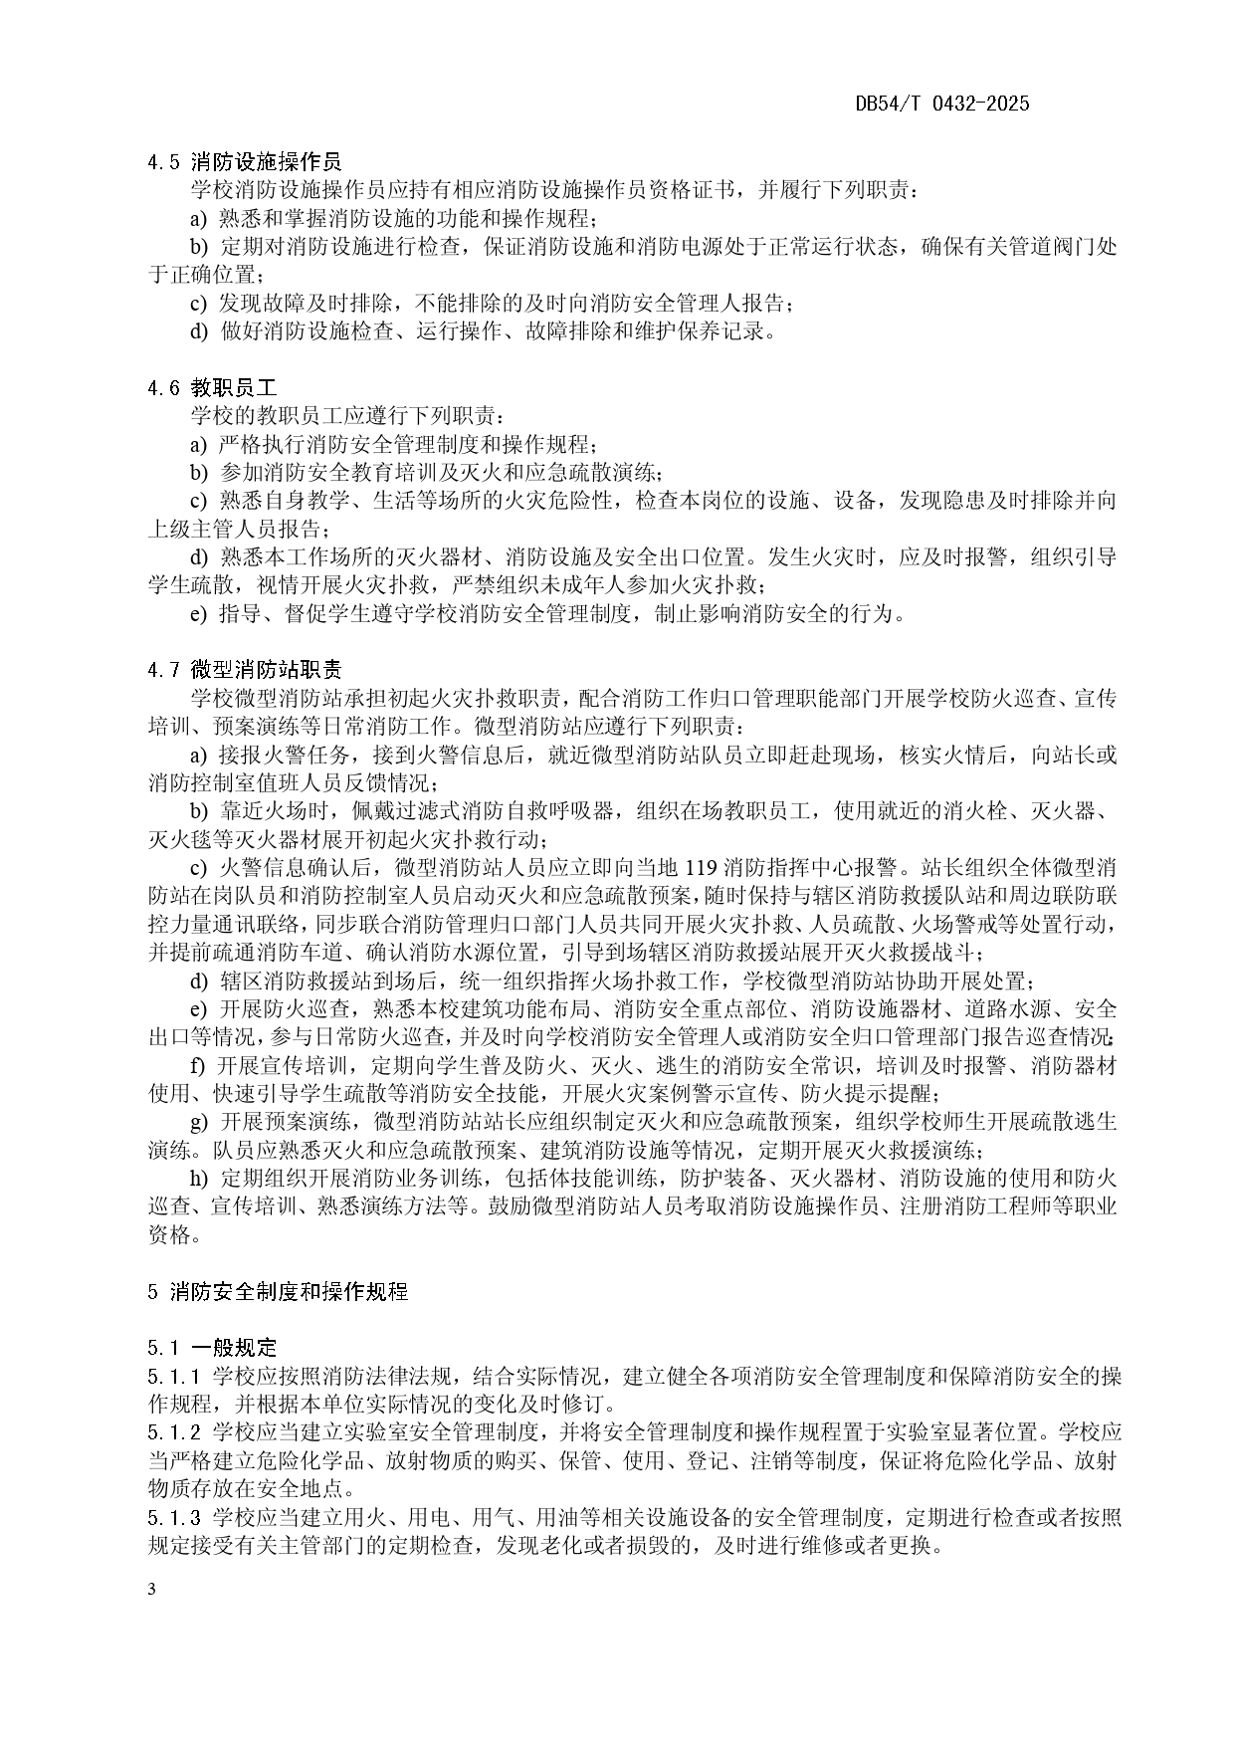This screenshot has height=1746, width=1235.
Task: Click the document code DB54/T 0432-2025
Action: click(941, 105)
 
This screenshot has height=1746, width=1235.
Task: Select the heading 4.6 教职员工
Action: click(212, 387)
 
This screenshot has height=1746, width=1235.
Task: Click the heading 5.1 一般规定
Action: click(212, 1348)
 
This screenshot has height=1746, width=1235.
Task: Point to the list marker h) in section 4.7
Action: click(200, 1179)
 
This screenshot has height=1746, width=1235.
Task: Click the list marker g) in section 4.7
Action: click(200, 1122)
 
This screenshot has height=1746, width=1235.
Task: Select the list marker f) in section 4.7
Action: click(198, 1065)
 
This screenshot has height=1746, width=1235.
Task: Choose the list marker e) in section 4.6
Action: click(199, 614)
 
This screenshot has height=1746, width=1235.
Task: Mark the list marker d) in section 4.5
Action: click(200, 331)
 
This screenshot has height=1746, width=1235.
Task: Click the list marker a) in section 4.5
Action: click(199, 218)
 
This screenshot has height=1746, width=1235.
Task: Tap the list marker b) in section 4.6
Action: click(200, 472)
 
